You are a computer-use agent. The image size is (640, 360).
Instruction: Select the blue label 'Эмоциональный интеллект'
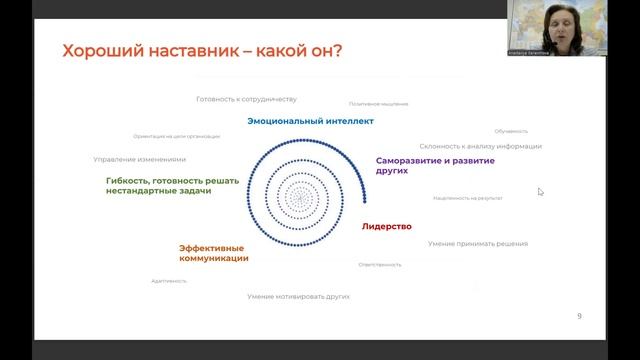coord(311,121)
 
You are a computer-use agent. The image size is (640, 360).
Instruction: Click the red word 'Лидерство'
coord(387,227)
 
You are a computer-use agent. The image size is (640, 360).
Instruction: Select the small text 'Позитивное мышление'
coord(378,103)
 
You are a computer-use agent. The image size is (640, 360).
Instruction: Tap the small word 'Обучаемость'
coord(511,131)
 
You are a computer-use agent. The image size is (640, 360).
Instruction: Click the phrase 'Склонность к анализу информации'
coord(480,146)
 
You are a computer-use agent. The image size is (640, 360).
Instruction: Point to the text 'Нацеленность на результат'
coord(468,198)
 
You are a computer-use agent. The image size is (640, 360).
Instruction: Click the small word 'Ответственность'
coord(380,264)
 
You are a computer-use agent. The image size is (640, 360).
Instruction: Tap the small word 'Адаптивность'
coord(169,281)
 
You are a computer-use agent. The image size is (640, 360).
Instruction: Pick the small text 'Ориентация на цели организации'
coord(176,136)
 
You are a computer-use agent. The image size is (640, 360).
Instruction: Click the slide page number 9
coord(579,316)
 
